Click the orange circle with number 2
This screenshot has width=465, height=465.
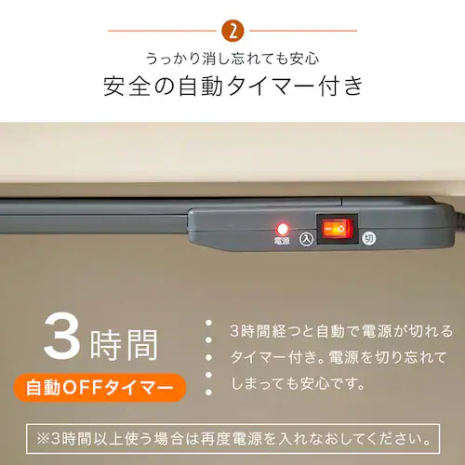[232, 31]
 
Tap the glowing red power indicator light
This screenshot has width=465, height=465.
[282, 230]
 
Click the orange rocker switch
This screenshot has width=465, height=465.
[337, 229]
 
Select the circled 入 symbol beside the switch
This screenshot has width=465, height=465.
[306, 239]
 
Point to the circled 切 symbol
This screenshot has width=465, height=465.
[369, 238]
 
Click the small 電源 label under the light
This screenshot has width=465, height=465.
[282, 241]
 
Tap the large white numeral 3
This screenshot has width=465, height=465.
[62, 338]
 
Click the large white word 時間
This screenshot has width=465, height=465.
[124, 345]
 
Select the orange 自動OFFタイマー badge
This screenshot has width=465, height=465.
[100, 388]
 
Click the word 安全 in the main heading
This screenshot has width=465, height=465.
[126, 86]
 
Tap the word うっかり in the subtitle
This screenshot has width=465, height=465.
[173, 59]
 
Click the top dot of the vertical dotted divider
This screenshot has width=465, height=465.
[208, 323]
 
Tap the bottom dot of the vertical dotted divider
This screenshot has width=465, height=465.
[208, 392]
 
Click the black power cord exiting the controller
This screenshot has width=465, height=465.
[459, 216]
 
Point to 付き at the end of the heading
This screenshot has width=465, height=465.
[340, 86]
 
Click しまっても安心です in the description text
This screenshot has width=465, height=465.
[298, 383]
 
